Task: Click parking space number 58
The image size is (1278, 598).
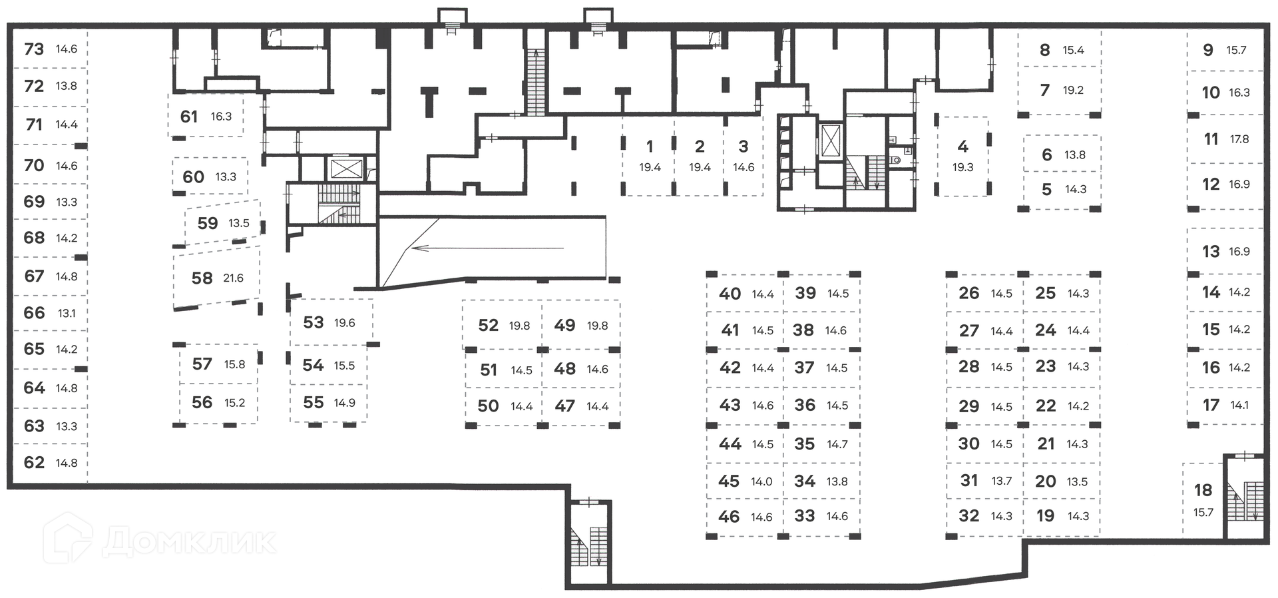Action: pos(202,278)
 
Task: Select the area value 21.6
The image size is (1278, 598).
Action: pos(233,278)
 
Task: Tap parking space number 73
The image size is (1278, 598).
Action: pos(34,49)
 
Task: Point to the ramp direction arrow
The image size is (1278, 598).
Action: pos(486,248)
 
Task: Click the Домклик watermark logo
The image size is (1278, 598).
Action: pos(160,540)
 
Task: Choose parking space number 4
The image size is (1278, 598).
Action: pos(962,147)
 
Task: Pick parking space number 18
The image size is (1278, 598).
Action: pos(1203,490)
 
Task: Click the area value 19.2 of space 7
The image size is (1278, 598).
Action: pos(1073,90)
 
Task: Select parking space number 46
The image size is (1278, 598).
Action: pos(729,516)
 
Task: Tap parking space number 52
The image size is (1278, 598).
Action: pos(488,325)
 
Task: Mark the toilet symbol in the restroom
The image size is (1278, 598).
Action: pos(896,160)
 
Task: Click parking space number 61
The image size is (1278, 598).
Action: pos(189,117)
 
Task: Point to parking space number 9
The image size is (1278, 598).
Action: pos(1208,50)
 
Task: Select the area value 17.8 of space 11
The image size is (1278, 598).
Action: pos(1239,139)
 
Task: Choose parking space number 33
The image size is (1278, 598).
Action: pos(805,515)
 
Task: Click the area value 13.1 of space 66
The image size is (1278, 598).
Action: pos(67,313)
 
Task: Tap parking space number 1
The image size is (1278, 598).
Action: pos(650,147)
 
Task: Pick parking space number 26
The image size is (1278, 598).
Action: pos(968,293)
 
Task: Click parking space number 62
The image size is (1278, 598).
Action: pos(34,462)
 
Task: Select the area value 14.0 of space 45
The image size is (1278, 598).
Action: pos(761,481)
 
